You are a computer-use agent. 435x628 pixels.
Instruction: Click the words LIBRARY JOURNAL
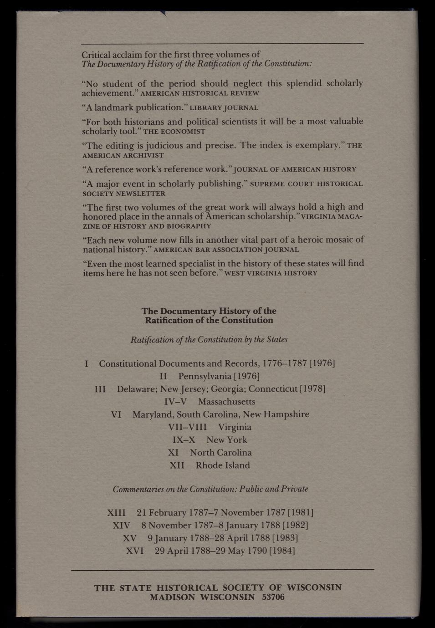click(x=224, y=108)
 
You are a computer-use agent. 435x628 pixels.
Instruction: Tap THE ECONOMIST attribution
click(x=174, y=132)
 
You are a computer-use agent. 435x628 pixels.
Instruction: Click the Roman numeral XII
click(x=177, y=465)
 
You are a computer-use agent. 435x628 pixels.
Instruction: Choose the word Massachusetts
click(x=226, y=402)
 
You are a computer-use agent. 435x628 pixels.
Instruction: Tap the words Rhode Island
click(x=223, y=465)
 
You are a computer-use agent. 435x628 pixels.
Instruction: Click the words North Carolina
click(x=220, y=453)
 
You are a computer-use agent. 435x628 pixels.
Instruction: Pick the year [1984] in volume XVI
click(x=282, y=551)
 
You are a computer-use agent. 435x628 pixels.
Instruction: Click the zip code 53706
click(x=273, y=597)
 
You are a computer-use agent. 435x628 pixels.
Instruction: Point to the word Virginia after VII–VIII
click(x=235, y=427)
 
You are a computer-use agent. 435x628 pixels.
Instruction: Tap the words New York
click(x=226, y=440)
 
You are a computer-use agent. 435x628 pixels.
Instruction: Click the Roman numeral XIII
click(x=116, y=513)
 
